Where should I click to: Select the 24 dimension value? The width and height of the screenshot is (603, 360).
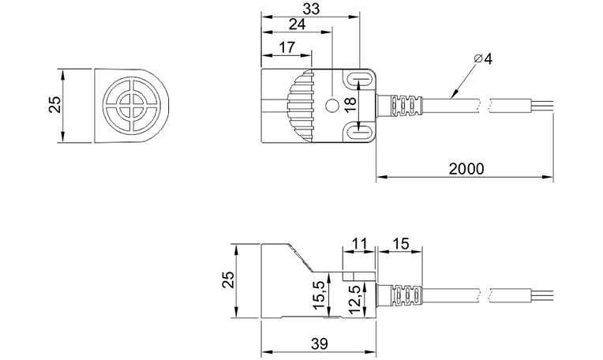[298, 25]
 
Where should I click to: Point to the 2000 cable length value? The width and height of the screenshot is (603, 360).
[466, 168]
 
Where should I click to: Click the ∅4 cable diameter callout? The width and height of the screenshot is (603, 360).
[483, 60]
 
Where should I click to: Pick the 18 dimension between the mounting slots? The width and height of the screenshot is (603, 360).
[353, 104]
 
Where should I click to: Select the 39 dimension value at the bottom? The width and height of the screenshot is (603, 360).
[320, 343]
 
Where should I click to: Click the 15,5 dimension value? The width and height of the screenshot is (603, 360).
[319, 295]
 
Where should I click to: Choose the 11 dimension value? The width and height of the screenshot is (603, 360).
[359, 245]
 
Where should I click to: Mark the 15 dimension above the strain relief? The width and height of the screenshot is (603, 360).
[401, 245]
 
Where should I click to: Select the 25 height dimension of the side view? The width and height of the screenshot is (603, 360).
[227, 280]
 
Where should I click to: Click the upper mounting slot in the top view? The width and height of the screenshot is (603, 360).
[361, 79]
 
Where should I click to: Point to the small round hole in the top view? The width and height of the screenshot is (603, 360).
[333, 105]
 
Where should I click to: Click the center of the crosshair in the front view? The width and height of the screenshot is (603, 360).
[131, 107]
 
